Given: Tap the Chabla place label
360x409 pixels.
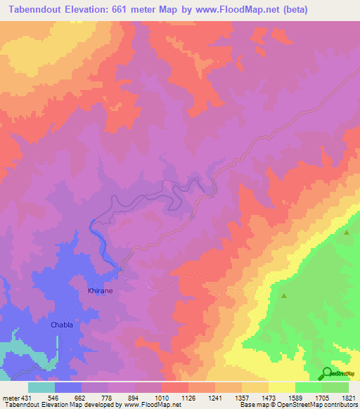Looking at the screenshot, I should (62, 325).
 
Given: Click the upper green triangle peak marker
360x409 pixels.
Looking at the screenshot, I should (347, 232).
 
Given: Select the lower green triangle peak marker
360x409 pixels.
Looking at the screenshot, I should (284, 296).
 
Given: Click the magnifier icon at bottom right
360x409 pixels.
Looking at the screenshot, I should (327, 372).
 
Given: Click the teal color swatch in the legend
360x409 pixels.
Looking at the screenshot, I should (41, 387).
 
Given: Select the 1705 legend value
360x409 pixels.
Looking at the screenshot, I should (321, 398).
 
